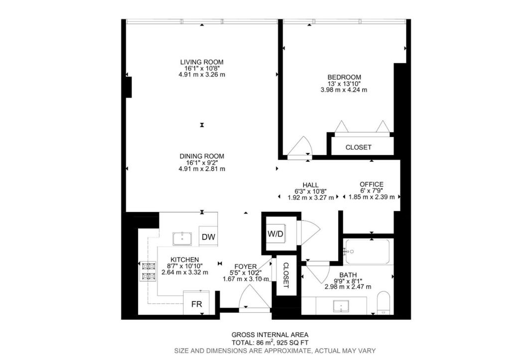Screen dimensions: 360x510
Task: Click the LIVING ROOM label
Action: [x=202, y=62]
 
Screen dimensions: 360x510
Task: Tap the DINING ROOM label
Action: [x=202, y=156]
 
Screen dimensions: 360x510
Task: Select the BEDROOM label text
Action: [x=344, y=77]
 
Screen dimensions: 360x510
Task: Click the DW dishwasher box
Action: [x=208, y=238]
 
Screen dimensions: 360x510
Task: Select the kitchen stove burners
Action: [x=148, y=271]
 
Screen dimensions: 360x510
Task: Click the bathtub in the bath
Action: [x=368, y=252]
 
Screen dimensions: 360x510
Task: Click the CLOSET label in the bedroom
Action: [x=358, y=147]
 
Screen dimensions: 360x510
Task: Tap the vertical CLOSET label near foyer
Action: [x=286, y=275]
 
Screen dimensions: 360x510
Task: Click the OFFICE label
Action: [x=372, y=184]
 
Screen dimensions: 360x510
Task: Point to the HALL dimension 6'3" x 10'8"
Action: [x=307, y=191]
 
